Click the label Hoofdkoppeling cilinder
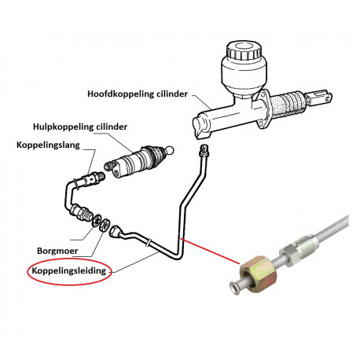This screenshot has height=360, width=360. [x=138, y=94]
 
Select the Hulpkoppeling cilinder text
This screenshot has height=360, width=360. [x=80, y=127]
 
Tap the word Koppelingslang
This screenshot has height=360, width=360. [x=48, y=145]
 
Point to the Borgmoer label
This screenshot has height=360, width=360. [x=57, y=251]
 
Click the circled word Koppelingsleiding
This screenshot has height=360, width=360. [x=69, y=270]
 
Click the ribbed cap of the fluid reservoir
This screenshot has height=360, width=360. [x=244, y=50]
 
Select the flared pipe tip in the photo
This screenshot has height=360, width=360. [x=234, y=288]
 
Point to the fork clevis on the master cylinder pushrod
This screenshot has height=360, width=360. [x=320, y=97]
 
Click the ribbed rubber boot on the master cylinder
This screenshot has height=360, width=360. [x=288, y=105]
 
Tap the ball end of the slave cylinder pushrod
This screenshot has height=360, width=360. [x=170, y=150]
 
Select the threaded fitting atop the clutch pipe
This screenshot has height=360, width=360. [x=204, y=150]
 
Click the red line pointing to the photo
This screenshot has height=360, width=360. [x=210, y=251]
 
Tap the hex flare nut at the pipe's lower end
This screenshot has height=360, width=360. [x=115, y=231]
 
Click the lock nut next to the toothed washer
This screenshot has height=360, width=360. [x=105, y=225]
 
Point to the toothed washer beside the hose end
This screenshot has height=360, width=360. [x=97, y=221]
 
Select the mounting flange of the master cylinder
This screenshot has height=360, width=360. [x=263, y=110]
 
